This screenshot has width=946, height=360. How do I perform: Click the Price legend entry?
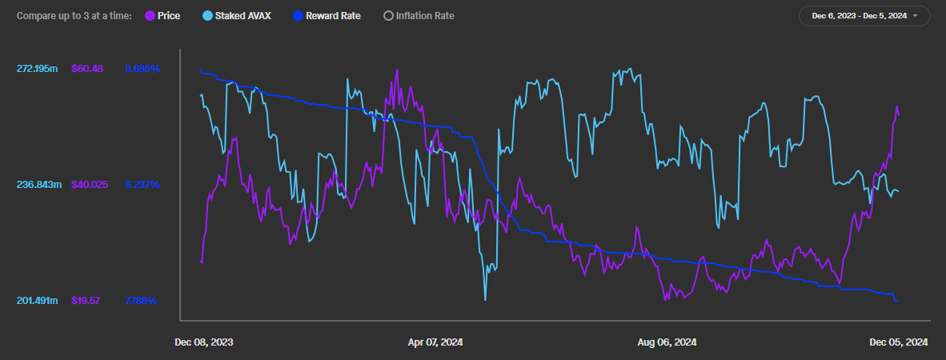click(163, 15)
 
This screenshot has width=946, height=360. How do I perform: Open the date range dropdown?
click(864, 15)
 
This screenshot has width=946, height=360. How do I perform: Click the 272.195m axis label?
click(38, 69)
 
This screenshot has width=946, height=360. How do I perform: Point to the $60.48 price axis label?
click(87, 69)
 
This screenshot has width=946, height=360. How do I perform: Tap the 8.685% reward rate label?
click(142, 69)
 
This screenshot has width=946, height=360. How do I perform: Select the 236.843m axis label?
click(38, 185)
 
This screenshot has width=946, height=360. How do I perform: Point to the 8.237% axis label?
click(142, 185)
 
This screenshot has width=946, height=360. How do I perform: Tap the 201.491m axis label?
click(38, 301)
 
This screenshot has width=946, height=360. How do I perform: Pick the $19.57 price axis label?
click(86, 301)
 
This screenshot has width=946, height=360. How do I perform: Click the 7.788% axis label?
click(141, 301)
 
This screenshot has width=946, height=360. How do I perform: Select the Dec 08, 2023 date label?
click(204, 342)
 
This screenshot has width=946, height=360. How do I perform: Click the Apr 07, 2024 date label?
click(435, 342)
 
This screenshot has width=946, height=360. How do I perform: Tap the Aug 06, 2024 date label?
click(667, 342)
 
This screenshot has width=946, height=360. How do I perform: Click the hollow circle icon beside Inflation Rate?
click(389, 15)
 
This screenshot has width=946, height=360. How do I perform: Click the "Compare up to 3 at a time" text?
click(74, 15)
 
